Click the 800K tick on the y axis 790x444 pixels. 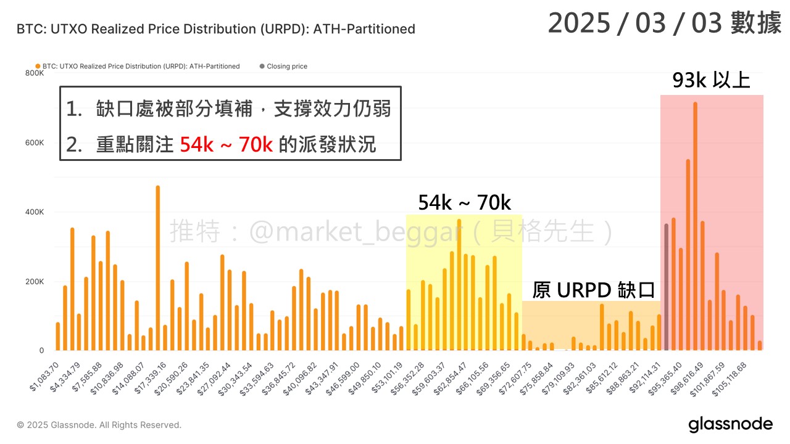point(35,73)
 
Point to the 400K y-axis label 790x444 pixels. point(35,212)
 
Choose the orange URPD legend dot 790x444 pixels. point(38,67)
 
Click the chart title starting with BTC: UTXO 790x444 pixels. point(215,29)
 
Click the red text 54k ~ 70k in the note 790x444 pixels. point(226,145)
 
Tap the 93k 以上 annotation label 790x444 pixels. point(711,81)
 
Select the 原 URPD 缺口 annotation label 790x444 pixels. point(592,289)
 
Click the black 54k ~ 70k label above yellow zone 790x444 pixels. point(464,202)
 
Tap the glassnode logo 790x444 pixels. point(730,424)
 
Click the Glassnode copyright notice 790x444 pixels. point(99,425)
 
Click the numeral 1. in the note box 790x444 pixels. point(74,110)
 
